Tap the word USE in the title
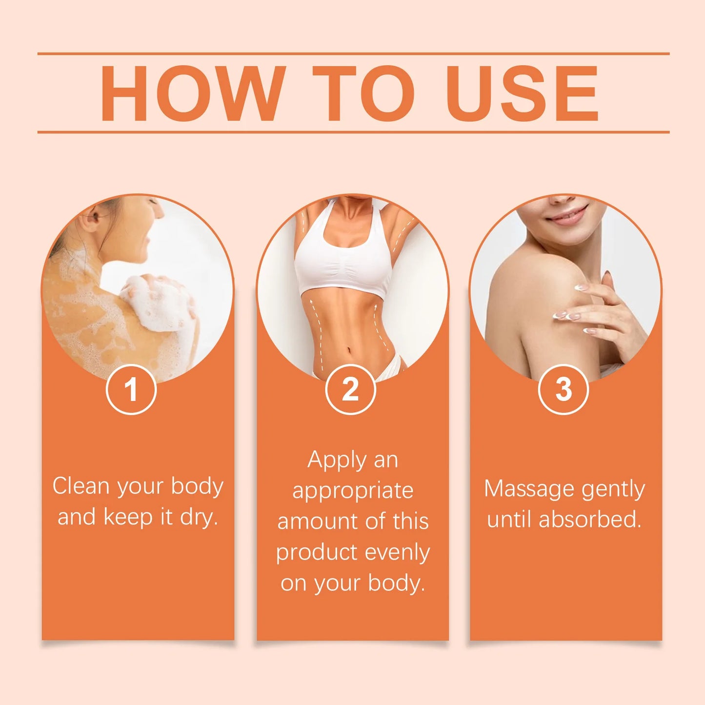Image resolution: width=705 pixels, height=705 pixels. click(x=522, y=93)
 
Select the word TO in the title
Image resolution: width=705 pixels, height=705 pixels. click(x=363, y=93)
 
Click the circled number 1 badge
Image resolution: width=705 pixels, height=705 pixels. click(x=131, y=390)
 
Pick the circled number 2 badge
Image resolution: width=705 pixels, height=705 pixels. click(x=350, y=390)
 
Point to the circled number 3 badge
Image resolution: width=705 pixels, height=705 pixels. click(x=563, y=390)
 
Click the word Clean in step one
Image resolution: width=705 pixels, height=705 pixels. click(x=81, y=486)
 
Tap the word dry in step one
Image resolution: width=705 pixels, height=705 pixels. click(x=198, y=517)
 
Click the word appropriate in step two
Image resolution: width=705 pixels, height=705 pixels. click(x=353, y=491)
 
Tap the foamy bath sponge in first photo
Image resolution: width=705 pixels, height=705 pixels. click(x=156, y=302)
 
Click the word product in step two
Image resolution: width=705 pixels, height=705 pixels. click(x=317, y=553)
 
